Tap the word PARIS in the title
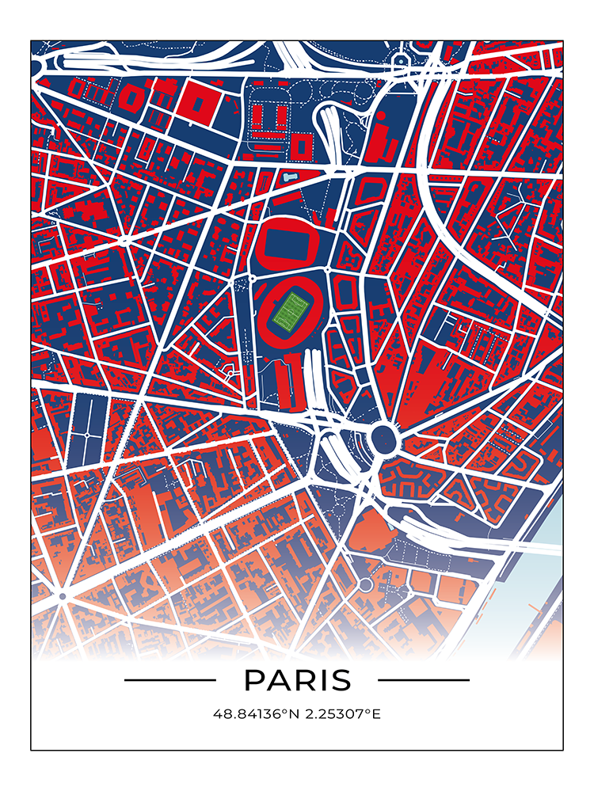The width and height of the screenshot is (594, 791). tap(297, 680)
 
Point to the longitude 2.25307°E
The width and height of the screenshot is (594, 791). tap(342, 714)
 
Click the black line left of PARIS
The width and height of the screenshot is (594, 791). tap(169, 679)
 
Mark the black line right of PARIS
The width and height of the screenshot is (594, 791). tap(424, 679)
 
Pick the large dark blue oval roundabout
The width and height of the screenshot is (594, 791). tap(383, 436)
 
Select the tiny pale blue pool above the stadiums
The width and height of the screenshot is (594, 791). tap(292, 177)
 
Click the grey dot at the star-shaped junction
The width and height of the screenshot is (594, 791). tap(62, 595)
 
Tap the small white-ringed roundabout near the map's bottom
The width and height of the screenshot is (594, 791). tap(364, 584)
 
